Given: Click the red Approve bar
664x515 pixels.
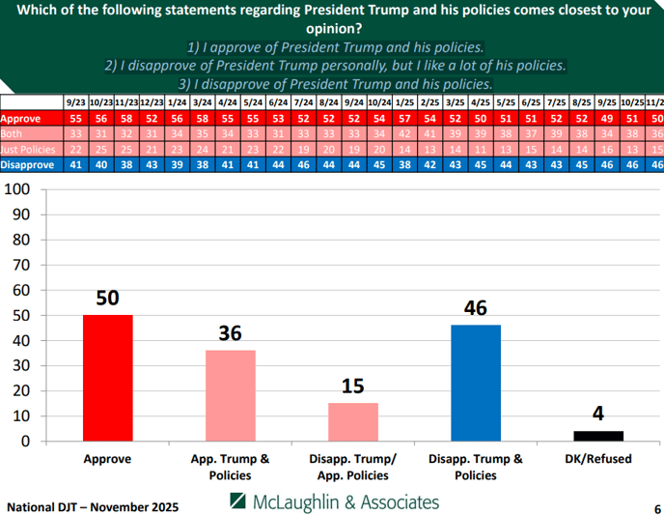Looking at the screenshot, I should pyautogui.click(x=107, y=378).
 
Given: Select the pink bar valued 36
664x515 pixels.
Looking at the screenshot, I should pyautogui.click(x=230, y=395).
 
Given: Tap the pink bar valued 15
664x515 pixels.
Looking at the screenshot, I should pyautogui.click(x=353, y=421).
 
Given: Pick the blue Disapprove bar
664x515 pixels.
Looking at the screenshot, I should pyautogui.click(x=476, y=383).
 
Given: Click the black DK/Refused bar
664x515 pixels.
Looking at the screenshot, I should pyautogui.click(x=598, y=436).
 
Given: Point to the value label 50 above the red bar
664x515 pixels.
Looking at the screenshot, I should pyautogui.click(x=107, y=299).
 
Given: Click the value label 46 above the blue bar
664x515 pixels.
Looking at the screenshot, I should pyautogui.click(x=476, y=309).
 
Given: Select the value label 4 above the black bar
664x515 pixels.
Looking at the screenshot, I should pyautogui.click(x=598, y=415).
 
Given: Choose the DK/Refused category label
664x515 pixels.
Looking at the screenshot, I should pyautogui.click(x=598, y=459).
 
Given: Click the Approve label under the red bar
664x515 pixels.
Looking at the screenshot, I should pyautogui.click(x=107, y=459).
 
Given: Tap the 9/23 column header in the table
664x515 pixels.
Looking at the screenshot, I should pyautogui.click(x=76, y=101).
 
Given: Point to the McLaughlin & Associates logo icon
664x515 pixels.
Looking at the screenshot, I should pyautogui.click(x=237, y=501).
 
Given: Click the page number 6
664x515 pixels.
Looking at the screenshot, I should pyautogui.click(x=656, y=507).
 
